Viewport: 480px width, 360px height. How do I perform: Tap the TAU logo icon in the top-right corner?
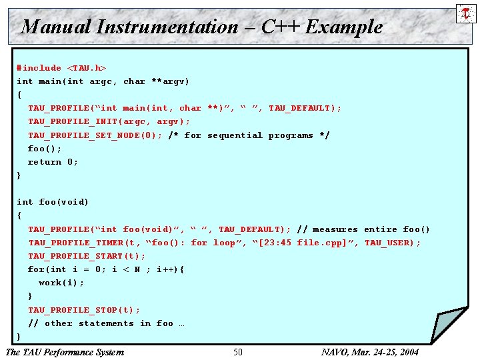(x=465, y=13)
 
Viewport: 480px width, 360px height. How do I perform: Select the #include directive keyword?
(x=39, y=68)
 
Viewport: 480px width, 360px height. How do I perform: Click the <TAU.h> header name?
(x=87, y=68)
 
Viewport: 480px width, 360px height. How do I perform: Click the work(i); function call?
(x=61, y=283)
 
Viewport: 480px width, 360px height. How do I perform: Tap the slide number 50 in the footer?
(x=238, y=352)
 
